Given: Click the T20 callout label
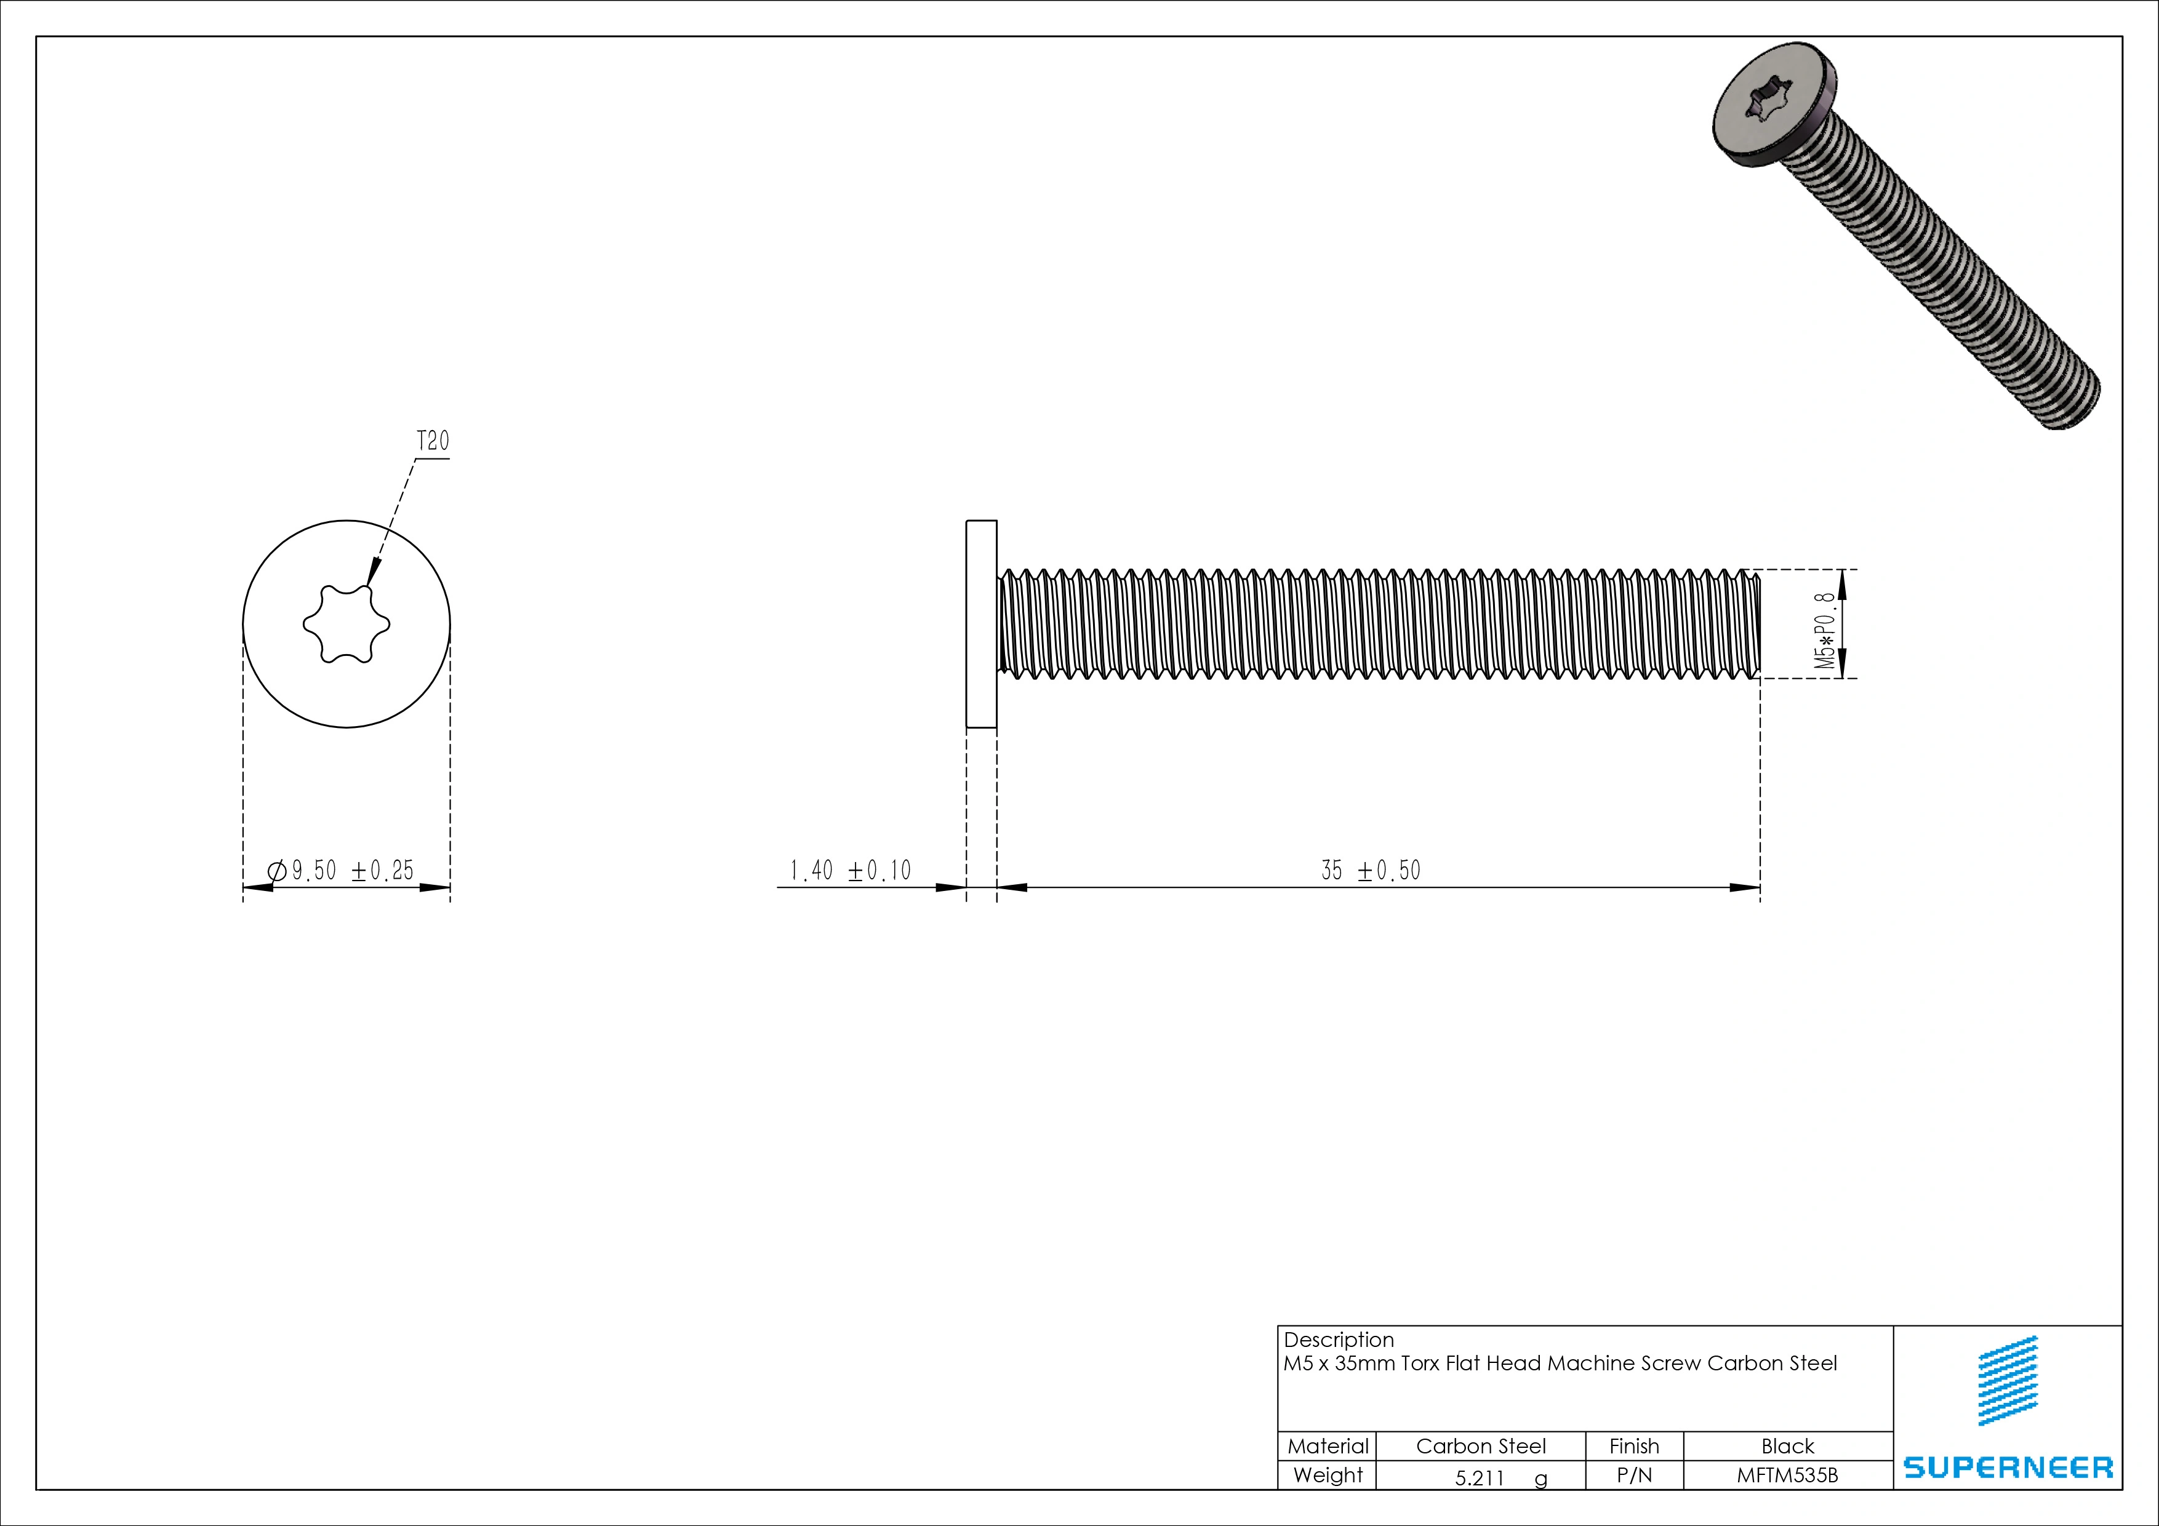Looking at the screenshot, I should click(x=433, y=441).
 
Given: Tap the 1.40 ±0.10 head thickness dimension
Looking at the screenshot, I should click(x=850, y=871).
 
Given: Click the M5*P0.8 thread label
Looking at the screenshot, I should click(x=1824, y=631).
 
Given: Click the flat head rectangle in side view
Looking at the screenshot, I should click(x=981, y=625).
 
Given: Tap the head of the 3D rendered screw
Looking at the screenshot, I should click(x=1772, y=118).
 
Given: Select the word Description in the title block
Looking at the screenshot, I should click(x=1338, y=1340).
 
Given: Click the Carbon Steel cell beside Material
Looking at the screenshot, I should click(x=1480, y=1446).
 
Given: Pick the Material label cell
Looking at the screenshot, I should click(x=1327, y=1446).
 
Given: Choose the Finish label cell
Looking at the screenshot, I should click(x=1633, y=1446).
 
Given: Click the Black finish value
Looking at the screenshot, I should click(x=1787, y=1446).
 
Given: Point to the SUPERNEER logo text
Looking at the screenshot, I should click(x=2008, y=1468).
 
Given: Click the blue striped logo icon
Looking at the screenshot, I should click(x=2008, y=1380).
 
